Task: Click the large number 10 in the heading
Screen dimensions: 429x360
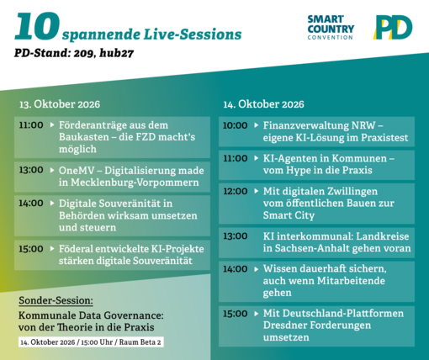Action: [37, 26]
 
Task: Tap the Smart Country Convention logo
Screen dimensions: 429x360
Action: [331, 28]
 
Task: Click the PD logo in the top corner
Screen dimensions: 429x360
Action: [393, 27]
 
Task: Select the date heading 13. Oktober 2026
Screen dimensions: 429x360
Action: [60, 104]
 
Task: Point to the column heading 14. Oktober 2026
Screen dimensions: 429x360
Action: [263, 104]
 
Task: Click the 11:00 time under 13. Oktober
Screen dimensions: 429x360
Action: [31, 125]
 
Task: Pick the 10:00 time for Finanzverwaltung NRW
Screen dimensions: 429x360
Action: [236, 125]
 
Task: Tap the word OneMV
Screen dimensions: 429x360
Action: [77, 171]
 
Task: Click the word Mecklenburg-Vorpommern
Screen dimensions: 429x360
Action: [135, 183]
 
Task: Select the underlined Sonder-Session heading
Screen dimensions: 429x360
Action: [56, 300]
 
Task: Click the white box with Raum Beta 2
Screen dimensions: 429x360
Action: [91, 342]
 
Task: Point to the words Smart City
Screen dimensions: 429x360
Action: [289, 215]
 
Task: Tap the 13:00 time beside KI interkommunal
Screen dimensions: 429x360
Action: [236, 236]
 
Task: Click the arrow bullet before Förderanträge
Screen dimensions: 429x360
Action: [52, 124]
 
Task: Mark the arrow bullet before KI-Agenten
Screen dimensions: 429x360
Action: [256, 158]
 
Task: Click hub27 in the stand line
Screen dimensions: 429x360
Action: [116, 53]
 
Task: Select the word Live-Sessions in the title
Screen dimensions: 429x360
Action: [193, 34]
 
